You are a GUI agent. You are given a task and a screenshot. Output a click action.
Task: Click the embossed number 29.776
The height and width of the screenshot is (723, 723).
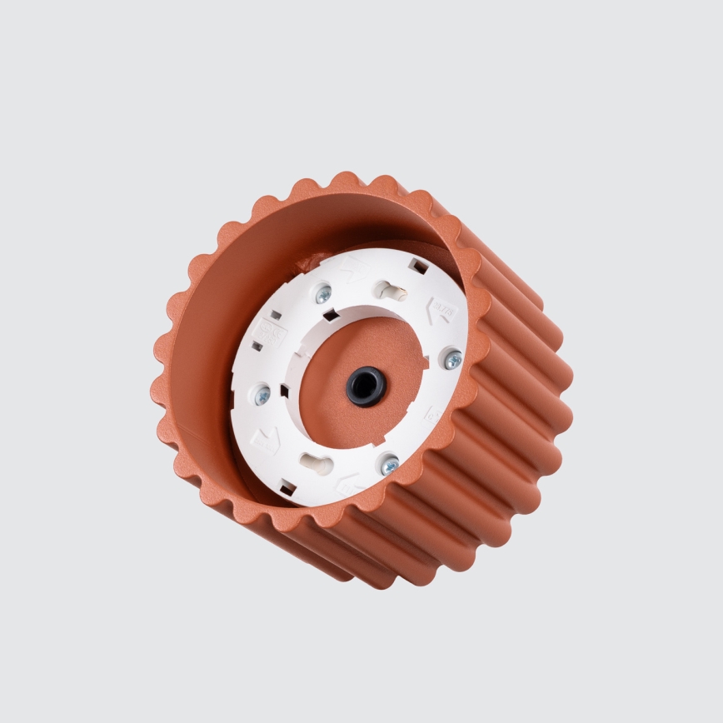point(443,312)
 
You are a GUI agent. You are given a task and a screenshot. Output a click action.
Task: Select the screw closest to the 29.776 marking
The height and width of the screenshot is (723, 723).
point(453,359)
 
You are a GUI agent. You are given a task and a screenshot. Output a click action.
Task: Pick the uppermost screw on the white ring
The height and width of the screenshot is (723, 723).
point(324,292)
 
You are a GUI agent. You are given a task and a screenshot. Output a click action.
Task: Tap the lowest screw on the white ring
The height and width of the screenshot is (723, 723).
point(389,465)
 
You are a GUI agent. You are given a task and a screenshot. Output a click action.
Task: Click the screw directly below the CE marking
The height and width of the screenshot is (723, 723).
point(262,396)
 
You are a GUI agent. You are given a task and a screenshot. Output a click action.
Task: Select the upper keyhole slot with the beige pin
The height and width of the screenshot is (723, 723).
point(389,290)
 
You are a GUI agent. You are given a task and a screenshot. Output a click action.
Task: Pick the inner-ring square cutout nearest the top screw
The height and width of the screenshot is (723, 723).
point(332,315)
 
